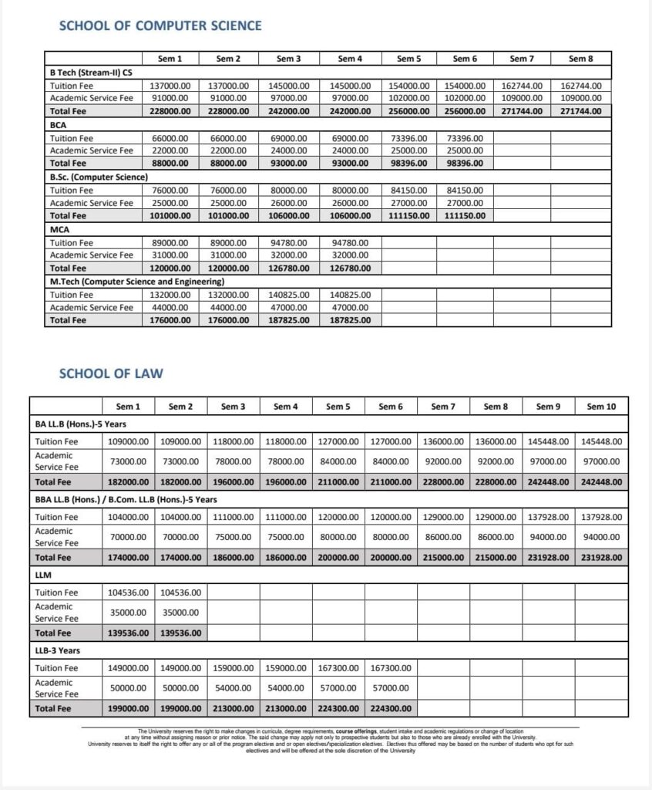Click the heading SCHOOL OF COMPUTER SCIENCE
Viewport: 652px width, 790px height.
[160, 25]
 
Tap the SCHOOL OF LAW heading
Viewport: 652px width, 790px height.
[111, 374]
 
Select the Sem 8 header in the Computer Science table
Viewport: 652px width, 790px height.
[580, 59]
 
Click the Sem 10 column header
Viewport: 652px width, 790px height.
[600, 407]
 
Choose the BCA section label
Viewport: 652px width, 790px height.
[58, 124]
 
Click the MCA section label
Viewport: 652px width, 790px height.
[59, 229]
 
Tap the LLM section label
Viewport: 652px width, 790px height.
[42, 575]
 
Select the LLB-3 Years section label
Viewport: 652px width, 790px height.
[58, 650]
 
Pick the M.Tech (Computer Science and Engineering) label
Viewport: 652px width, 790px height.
[136, 282]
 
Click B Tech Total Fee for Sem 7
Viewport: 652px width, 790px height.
[522, 111]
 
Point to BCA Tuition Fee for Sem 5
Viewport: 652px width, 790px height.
[408, 137]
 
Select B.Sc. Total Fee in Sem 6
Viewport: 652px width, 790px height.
[465, 216]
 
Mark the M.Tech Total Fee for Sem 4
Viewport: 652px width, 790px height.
[350, 321]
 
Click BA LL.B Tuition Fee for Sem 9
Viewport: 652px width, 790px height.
[548, 442]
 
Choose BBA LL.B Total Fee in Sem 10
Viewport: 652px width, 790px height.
[600, 557]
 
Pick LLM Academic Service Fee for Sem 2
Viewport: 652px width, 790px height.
[180, 613]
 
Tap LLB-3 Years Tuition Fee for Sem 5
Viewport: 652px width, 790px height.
[338, 668]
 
